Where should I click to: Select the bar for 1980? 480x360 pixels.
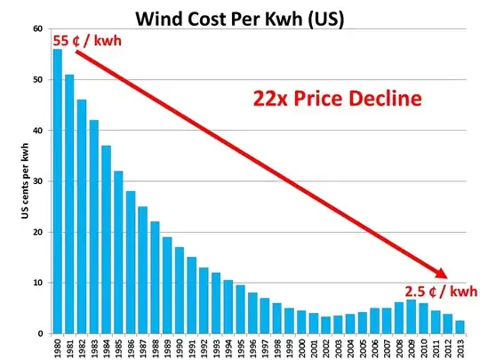(57, 191)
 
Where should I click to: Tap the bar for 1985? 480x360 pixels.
(118, 252)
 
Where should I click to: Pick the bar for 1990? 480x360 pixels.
(179, 290)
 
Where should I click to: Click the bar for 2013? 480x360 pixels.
(460, 327)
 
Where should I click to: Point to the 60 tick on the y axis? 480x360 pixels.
(37, 29)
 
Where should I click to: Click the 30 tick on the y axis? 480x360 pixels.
(37, 181)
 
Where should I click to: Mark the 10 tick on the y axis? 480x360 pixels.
(37, 283)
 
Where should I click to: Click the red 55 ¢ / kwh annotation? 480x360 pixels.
(88, 41)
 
